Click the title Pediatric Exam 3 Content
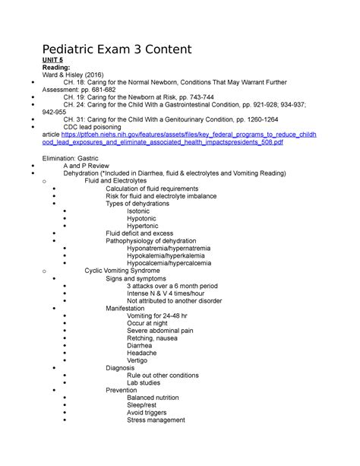[127, 52]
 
